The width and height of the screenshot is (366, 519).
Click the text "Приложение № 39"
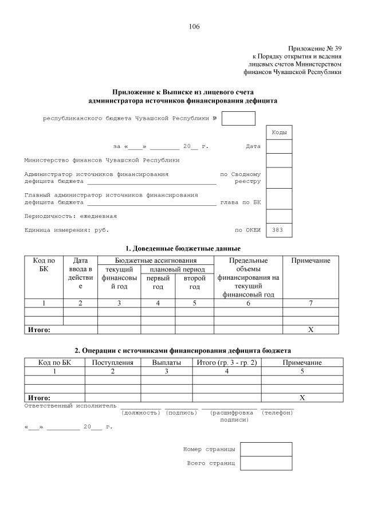(314, 48)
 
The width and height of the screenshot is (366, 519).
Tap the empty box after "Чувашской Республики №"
(238, 118)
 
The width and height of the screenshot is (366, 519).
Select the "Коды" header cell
(279, 132)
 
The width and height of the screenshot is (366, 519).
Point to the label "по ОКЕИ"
(247, 230)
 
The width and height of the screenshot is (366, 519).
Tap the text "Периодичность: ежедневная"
(70, 216)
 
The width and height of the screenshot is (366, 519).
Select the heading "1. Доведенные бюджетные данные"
(183, 248)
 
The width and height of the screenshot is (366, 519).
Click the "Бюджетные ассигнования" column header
(155, 261)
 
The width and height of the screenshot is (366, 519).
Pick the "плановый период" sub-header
(177, 270)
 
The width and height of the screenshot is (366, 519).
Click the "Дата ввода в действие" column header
(80, 274)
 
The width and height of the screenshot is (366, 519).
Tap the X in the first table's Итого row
(310, 330)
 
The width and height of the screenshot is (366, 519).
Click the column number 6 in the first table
(248, 303)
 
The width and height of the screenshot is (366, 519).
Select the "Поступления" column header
(113, 362)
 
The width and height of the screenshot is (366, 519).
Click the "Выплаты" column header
(167, 362)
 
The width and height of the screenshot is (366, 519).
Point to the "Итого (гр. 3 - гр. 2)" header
(227, 362)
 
